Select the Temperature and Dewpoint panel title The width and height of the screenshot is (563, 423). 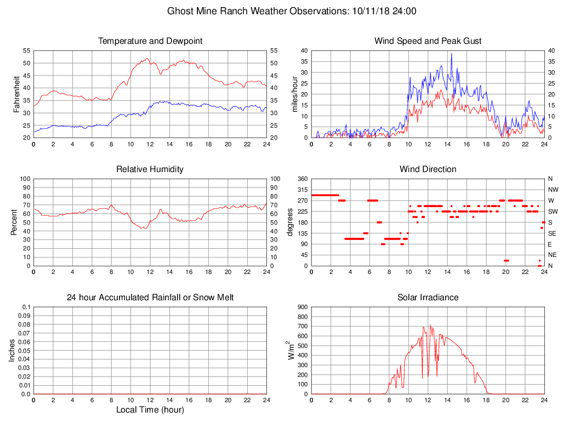point(150,41)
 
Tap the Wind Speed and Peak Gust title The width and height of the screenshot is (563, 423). point(428,41)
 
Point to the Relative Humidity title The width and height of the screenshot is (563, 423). point(150,169)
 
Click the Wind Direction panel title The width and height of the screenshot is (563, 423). point(428,169)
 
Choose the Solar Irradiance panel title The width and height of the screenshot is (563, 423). point(428,298)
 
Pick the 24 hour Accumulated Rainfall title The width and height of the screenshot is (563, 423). point(150,298)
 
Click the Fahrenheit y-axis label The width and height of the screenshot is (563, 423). point(16,94)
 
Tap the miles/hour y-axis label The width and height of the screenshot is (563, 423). point(294,94)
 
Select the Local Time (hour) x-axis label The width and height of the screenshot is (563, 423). point(150,410)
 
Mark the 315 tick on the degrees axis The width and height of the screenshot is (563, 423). point(302,190)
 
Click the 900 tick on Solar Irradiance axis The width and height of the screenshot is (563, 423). point(302,307)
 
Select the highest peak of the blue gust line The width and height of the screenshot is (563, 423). point(451,53)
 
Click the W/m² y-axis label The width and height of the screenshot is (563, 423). point(291,350)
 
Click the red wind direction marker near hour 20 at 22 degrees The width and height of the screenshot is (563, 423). point(506,260)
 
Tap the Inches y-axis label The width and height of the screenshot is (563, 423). point(13,350)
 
